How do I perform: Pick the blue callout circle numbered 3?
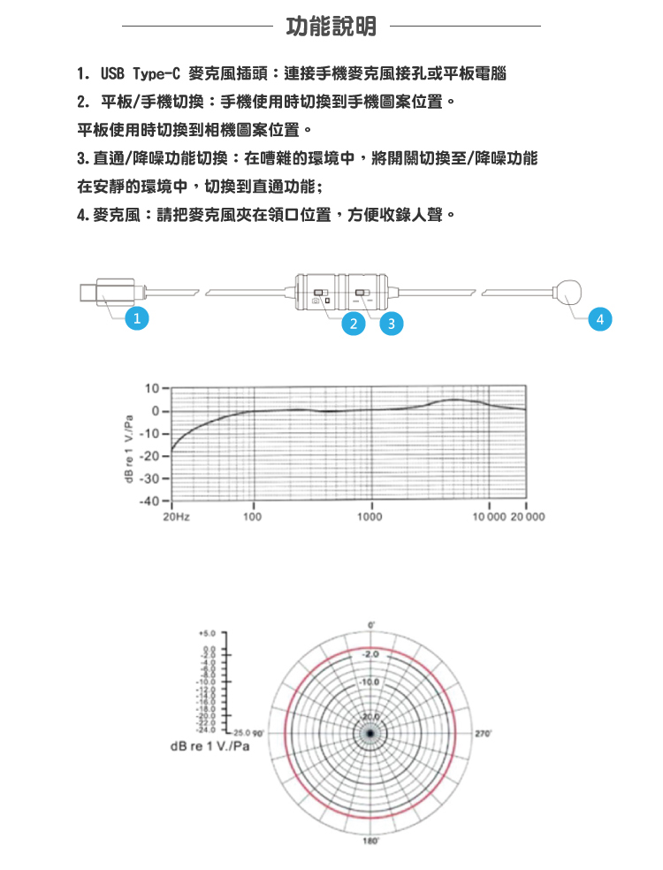[391, 324]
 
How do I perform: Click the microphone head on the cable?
[568, 291]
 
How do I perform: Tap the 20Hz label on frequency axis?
[176, 515]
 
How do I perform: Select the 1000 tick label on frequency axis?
[370, 515]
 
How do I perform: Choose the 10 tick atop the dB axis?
[153, 388]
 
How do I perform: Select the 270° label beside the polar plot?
[483, 733]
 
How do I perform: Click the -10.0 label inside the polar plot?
[370, 682]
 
